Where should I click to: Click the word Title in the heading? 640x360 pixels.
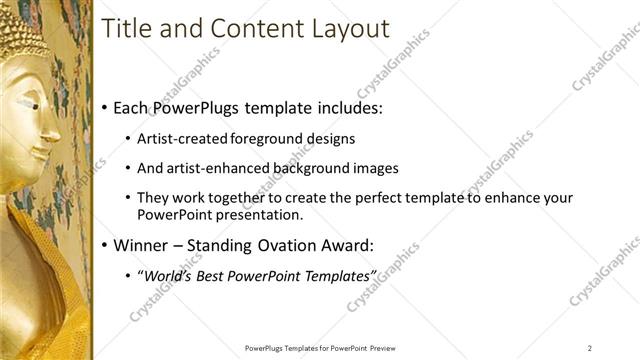tap(125, 29)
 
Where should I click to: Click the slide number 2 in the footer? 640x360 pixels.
tap(590, 347)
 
